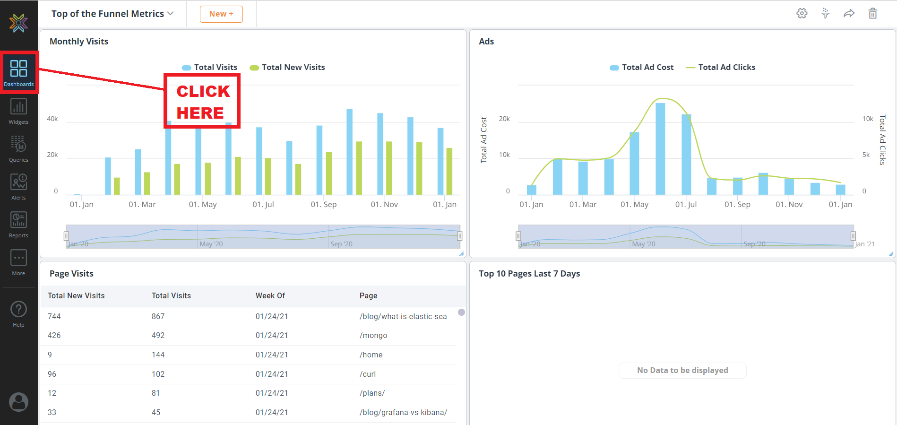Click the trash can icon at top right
pos(872,14)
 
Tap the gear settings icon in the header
pos(802,14)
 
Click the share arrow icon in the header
pos(849,14)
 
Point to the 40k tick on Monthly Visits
pos(52,119)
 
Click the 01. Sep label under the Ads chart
pos(737,205)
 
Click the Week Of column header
pos(270,296)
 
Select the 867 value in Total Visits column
pos(158,317)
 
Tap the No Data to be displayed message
pos(682,371)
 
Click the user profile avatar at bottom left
pos(18,402)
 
